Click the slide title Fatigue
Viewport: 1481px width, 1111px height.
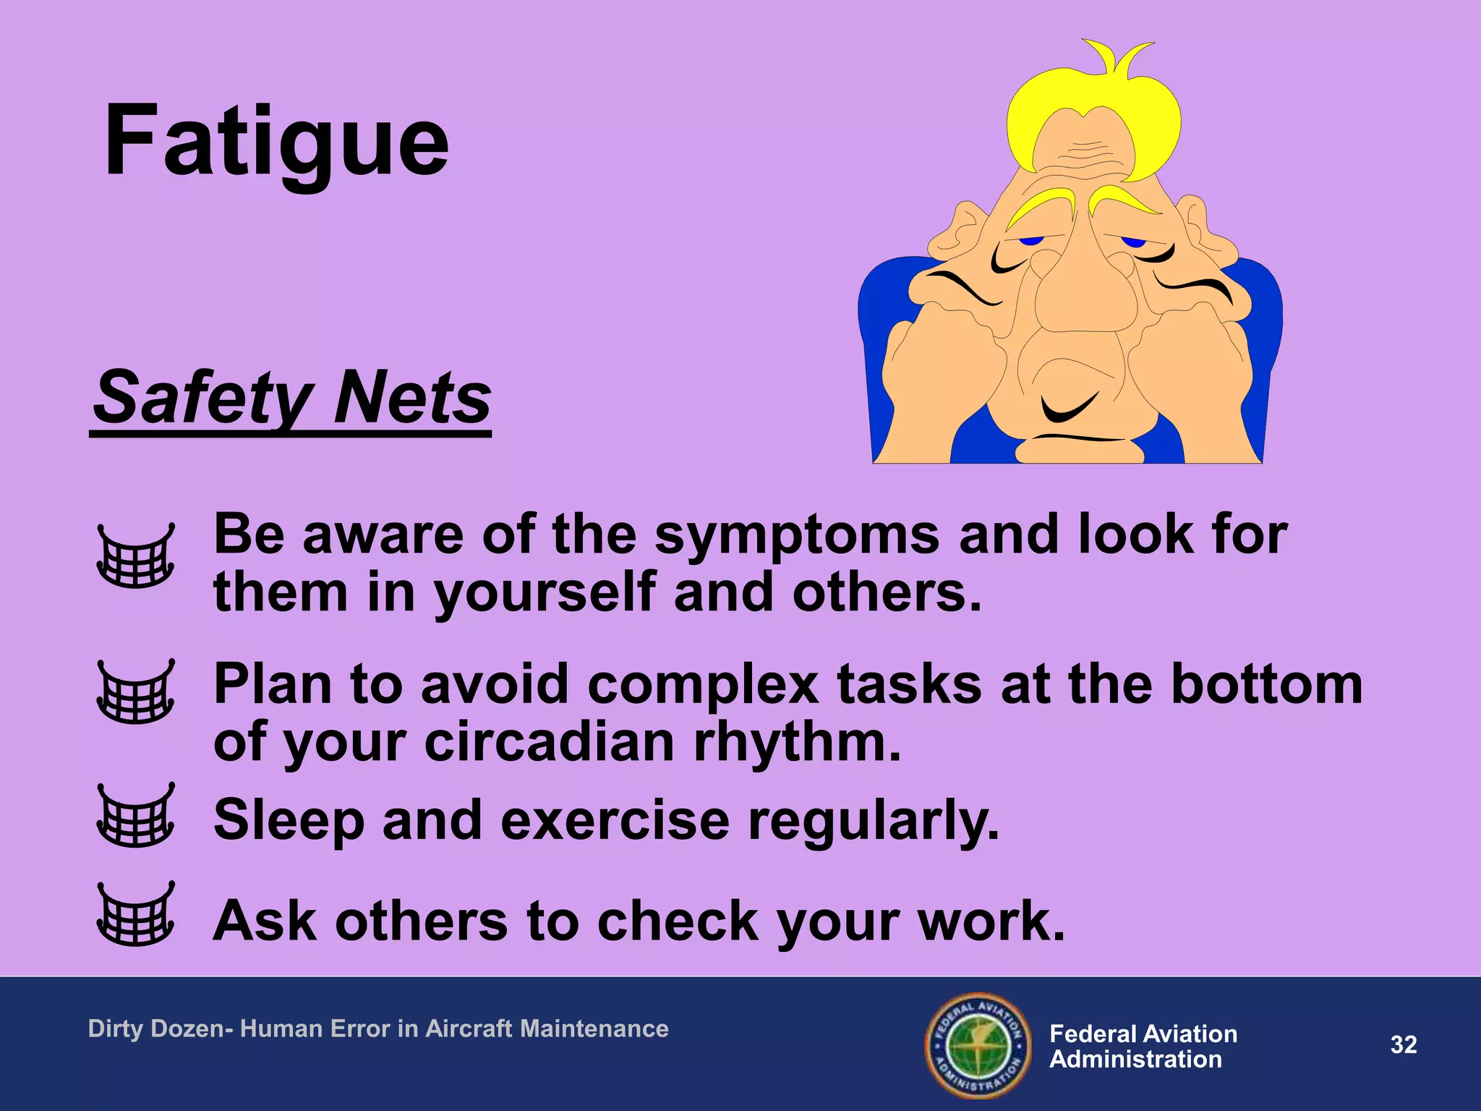[x=276, y=141]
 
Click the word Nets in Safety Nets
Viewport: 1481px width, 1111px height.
[x=413, y=398]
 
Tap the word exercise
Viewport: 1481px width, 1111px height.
[x=615, y=821]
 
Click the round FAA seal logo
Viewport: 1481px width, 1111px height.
[x=978, y=1045]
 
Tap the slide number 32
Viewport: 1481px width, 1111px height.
[x=1403, y=1044]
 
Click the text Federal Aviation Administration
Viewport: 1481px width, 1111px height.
[x=1143, y=1046]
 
